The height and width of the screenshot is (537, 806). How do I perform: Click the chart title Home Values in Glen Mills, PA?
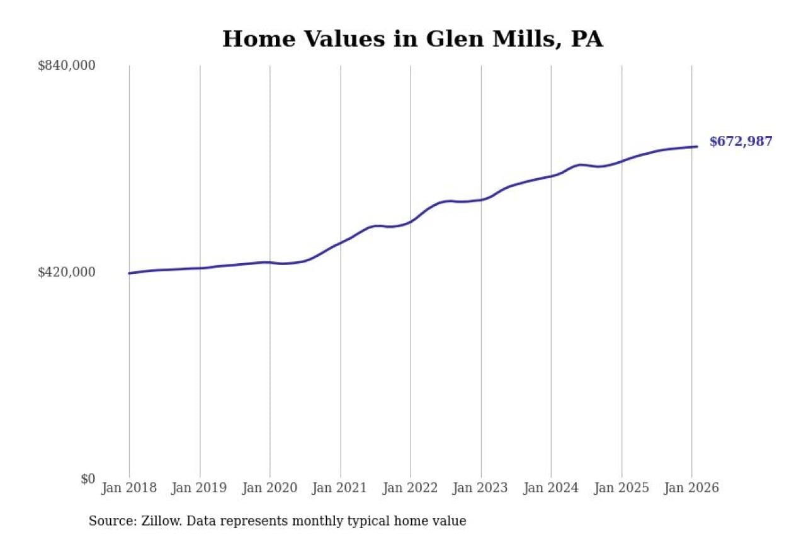click(412, 39)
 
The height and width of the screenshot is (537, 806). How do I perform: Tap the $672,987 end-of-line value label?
click(741, 142)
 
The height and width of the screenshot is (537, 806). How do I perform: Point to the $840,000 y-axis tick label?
click(67, 65)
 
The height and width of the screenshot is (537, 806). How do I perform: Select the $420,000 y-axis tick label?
click(67, 272)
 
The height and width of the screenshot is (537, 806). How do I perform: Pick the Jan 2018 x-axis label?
click(129, 488)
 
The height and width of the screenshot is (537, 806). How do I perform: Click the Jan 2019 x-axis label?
click(200, 488)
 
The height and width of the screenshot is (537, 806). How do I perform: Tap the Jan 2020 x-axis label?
click(270, 488)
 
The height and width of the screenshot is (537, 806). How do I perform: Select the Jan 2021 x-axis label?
click(341, 488)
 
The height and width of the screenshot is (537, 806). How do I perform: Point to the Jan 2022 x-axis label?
click(411, 488)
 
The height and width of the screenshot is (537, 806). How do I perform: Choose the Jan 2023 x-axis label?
click(481, 488)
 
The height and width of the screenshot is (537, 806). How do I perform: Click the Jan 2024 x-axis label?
click(551, 488)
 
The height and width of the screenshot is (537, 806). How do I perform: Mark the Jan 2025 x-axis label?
click(622, 488)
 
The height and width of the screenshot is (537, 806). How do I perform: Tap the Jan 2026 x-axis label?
click(691, 488)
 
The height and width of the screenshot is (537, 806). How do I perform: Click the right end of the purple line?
click(697, 147)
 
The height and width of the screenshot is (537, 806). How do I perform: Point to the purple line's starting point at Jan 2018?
click(129, 273)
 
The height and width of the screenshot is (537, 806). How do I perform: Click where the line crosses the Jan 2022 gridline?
click(411, 222)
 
